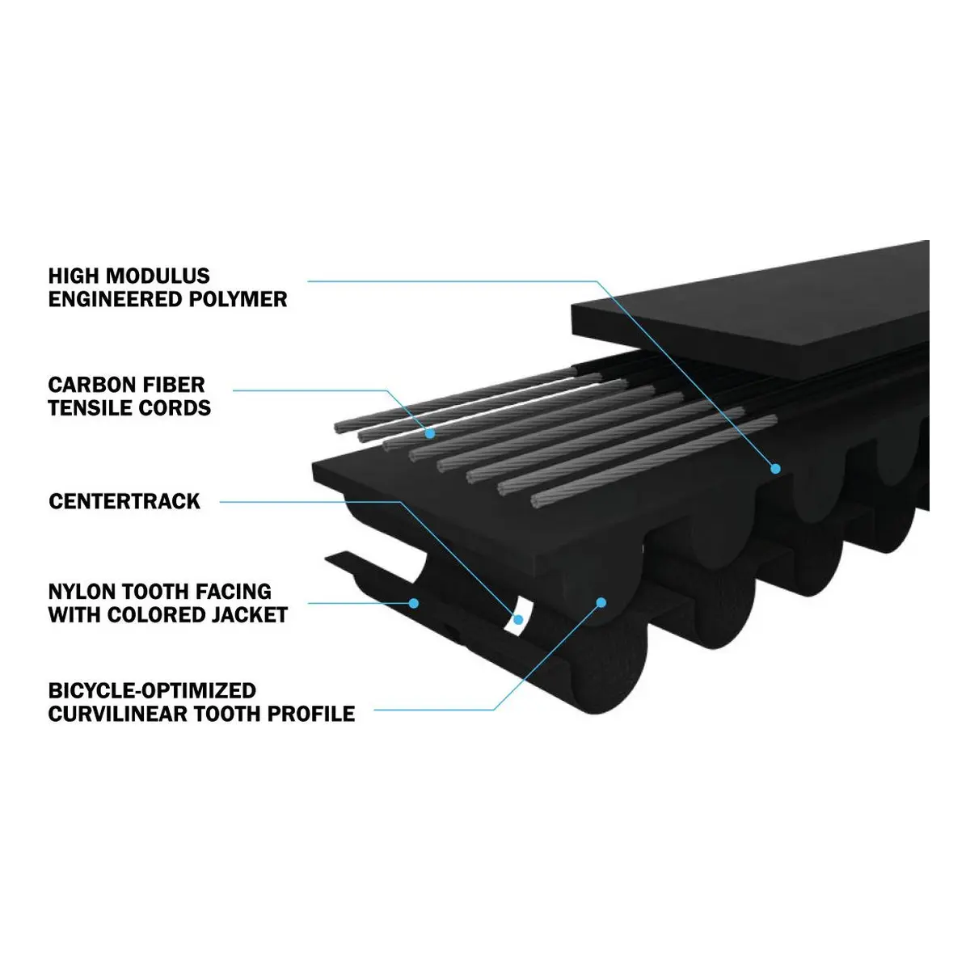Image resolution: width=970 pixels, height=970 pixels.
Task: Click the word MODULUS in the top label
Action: (158, 276)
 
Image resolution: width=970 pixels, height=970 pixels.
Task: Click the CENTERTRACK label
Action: (124, 501)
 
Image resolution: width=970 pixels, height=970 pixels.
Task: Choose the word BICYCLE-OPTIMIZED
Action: (152, 690)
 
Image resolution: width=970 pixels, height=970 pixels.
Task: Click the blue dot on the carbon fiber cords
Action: (430, 433)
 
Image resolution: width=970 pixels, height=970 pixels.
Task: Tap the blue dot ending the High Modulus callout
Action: (776, 469)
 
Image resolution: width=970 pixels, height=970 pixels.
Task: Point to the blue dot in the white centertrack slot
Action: (518, 620)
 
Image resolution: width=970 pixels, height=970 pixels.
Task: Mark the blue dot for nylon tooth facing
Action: (414, 602)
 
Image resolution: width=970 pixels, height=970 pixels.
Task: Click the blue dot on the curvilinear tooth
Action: (601, 602)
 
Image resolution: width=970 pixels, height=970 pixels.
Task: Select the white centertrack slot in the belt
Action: (515, 617)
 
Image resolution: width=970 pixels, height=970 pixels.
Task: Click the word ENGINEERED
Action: (115, 299)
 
